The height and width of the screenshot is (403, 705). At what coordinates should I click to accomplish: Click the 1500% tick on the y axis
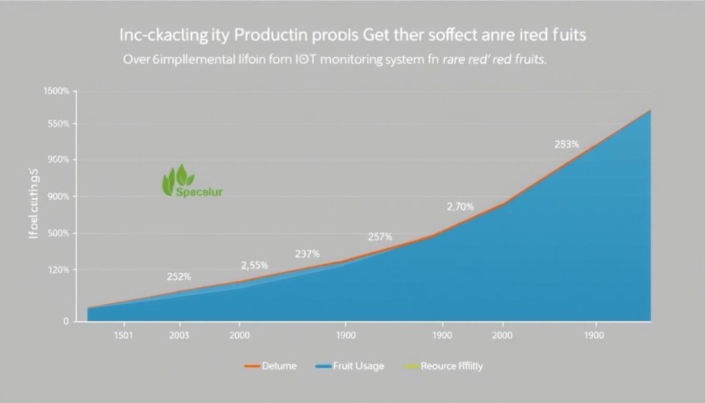(56, 92)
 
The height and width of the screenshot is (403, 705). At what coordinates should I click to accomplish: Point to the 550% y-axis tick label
(58, 124)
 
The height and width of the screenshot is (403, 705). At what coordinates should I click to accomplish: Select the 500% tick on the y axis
(58, 234)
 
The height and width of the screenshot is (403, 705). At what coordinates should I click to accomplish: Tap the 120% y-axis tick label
(58, 270)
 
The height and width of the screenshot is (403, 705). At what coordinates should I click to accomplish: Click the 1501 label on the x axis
(123, 335)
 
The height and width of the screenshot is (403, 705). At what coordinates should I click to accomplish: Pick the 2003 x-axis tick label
(179, 335)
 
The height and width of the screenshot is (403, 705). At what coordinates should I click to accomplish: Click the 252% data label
(179, 277)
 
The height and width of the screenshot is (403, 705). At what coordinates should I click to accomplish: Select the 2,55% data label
(254, 265)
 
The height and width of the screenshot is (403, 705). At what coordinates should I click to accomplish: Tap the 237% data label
(306, 254)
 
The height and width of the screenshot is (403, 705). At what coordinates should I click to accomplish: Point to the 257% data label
(379, 236)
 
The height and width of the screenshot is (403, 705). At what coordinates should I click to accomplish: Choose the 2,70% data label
(460, 206)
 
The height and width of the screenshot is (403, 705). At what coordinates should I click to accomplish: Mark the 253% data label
(567, 145)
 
